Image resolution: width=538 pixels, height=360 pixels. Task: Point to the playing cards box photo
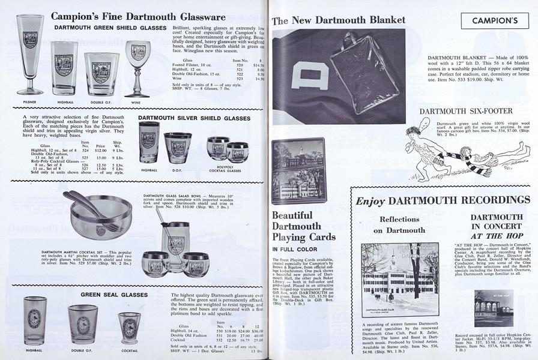pyautogui.click(x=298, y=171)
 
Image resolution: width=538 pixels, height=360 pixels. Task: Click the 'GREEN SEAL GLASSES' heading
pyautogui.click(x=115, y=295)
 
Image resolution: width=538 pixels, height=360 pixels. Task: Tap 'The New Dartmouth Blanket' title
pyautogui.click(x=339, y=20)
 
